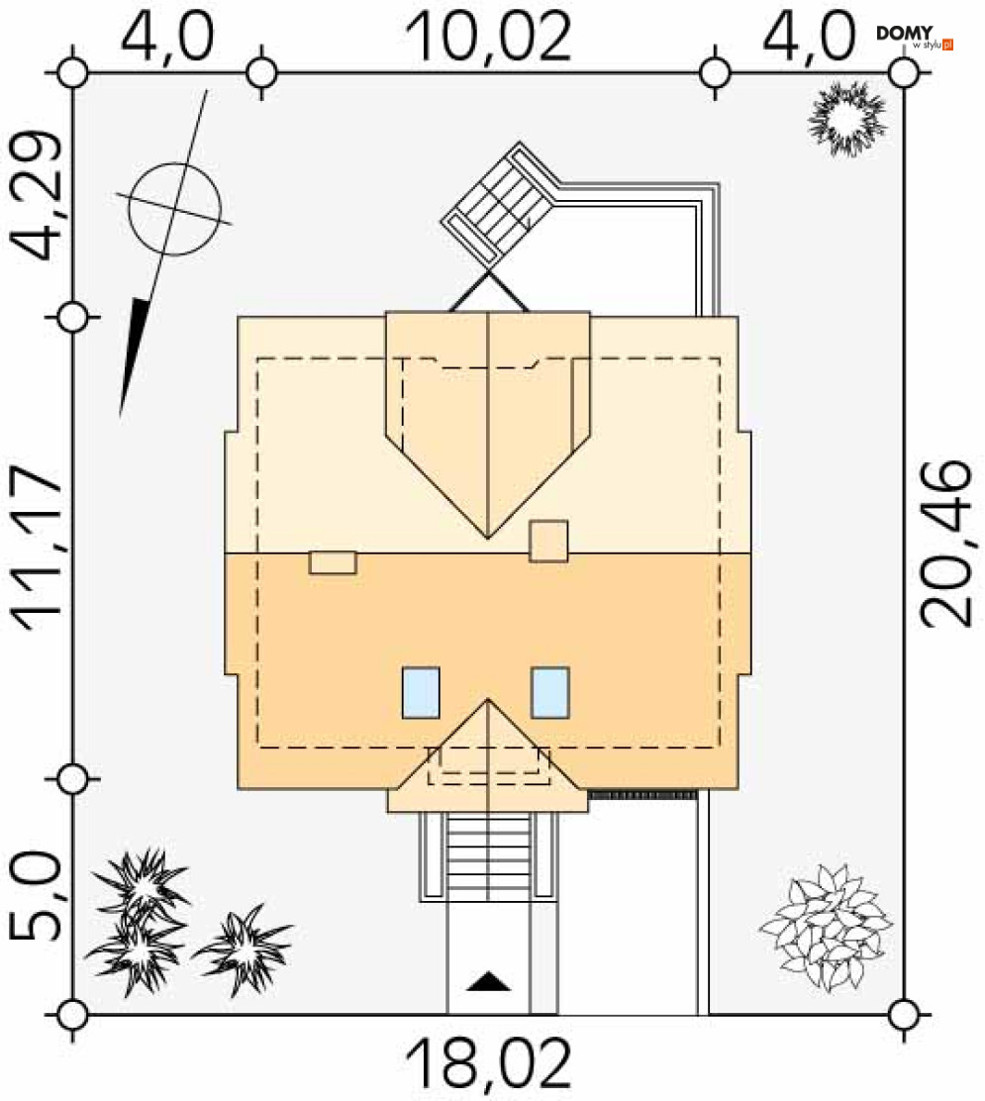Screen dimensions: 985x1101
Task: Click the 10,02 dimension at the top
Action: pyautogui.click(x=489, y=37)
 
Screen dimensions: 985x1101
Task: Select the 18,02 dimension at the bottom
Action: pyautogui.click(x=489, y=1064)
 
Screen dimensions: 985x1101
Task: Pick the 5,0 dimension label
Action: pyautogui.click(x=34, y=897)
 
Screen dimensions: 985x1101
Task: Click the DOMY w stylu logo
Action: pyautogui.click(x=915, y=38)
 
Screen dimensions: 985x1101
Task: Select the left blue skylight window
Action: pyautogui.click(x=421, y=692)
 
